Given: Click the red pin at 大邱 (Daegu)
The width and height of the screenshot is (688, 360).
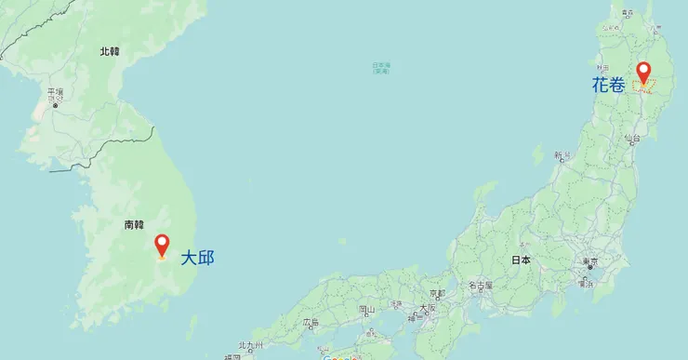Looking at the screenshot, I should (x=162, y=245).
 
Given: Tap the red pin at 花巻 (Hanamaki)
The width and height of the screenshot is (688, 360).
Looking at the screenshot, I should (x=642, y=71).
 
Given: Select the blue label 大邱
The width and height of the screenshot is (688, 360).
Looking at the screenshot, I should (x=197, y=258).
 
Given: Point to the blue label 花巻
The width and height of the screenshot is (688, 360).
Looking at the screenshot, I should (x=608, y=85).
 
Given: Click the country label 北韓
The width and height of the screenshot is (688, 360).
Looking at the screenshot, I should (x=110, y=52).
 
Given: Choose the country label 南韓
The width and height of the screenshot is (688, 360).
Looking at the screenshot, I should (x=134, y=224).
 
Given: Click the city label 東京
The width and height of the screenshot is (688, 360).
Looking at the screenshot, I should (x=589, y=261).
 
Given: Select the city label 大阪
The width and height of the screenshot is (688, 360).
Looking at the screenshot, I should (x=427, y=307).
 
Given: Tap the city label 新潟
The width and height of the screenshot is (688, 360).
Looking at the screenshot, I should (x=561, y=155).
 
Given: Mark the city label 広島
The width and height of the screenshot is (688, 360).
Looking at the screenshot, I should (x=310, y=322).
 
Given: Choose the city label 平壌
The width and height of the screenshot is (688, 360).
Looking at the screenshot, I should (x=55, y=92).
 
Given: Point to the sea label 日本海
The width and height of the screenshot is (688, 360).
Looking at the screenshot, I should (x=381, y=67).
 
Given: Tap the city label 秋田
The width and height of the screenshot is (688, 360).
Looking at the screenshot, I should (x=603, y=68).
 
